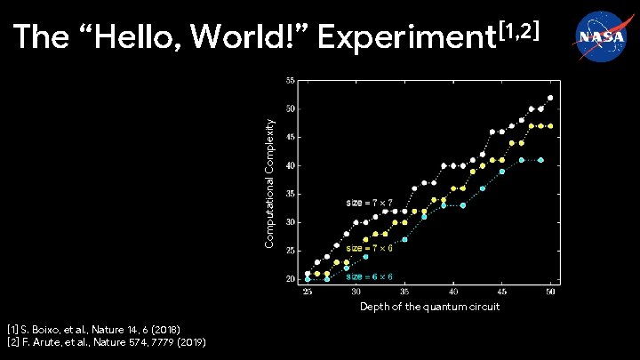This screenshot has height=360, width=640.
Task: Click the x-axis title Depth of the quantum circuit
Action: [x=429, y=307]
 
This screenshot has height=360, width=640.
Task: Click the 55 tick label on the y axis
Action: [x=291, y=80]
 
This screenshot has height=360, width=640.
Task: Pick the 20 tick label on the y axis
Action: [x=291, y=279]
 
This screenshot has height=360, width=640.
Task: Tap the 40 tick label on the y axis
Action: [x=291, y=165]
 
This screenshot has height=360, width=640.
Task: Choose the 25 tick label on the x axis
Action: [x=308, y=292]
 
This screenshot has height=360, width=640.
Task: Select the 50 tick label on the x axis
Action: [x=550, y=292]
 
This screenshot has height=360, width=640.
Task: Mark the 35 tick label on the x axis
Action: [x=404, y=292]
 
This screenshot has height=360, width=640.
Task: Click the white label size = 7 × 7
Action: [x=369, y=203]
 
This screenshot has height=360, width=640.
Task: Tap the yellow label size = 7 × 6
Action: [x=369, y=248]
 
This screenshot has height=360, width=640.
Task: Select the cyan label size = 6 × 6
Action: [x=369, y=276]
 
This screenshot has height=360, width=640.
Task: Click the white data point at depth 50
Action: [x=550, y=98]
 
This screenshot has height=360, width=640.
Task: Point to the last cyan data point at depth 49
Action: [x=540, y=160]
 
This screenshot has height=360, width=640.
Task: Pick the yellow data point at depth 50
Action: [x=550, y=126]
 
